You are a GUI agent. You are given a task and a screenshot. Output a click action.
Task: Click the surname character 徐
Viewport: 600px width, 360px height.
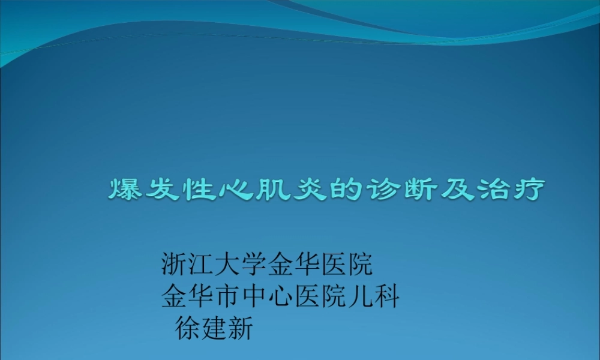tap(188, 329)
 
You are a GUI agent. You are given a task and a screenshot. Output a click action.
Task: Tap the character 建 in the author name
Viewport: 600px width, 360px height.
tap(214, 329)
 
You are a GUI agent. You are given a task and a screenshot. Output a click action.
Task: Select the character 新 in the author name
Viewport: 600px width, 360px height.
tap(241, 329)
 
